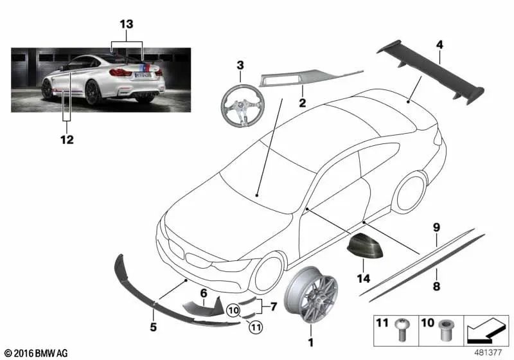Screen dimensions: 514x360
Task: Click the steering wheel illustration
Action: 240,104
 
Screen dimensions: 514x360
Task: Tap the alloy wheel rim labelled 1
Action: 311,295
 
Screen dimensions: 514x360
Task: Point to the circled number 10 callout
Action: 233,310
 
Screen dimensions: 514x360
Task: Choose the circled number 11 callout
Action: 256,327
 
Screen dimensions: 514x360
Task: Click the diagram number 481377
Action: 488,352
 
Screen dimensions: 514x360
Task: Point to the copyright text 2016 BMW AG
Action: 36,353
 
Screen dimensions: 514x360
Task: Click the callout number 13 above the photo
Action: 127,24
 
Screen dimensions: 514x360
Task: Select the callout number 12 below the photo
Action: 67,140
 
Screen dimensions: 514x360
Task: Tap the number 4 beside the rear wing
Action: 439,44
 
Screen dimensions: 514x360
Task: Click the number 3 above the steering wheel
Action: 240,65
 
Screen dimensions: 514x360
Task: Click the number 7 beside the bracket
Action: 274,307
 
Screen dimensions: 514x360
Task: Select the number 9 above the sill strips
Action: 436,228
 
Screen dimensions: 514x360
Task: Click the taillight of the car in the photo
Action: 120,73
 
